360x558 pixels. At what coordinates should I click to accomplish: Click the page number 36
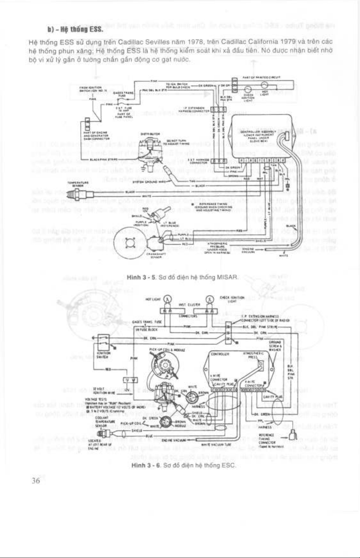[x=35, y=481]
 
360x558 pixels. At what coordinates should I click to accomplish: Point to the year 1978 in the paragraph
[x=194, y=42]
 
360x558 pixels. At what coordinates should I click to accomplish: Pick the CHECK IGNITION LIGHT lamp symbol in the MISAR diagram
[x=248, y=89]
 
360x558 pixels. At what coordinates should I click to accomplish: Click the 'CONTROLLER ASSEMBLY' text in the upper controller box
[x=261, y=132]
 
